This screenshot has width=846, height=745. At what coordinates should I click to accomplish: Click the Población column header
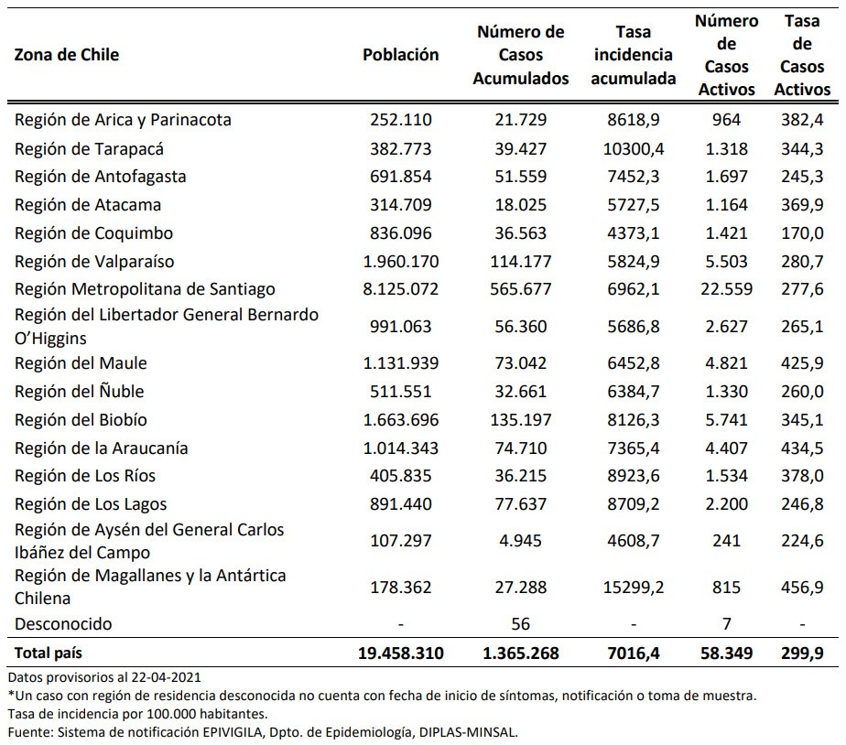pyautogui.click(x=400, y=55)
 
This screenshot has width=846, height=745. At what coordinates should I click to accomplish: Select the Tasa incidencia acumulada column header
pyautogui.click(x=633, y=55)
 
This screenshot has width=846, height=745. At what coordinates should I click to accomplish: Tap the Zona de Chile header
pyautogui.click(x=67, y=55)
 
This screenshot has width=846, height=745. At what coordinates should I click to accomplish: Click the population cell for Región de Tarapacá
pyautogui.click(x=400, y=148)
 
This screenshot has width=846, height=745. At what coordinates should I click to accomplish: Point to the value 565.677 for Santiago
pyautogui.click(x=520, y=289)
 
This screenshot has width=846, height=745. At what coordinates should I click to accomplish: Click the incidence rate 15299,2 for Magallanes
pyautogui.click(x=633, y=587)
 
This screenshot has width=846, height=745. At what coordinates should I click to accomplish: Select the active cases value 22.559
pyautogui.click(x=724, y=289)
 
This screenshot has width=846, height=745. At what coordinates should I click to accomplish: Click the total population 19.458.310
pyautogui.click(x=400, y=653)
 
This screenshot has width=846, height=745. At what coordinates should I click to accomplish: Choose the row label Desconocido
pyautogui.click(x=63, y=624)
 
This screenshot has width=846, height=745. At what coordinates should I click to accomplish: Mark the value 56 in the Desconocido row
pyautogui.click(x=520, y=624)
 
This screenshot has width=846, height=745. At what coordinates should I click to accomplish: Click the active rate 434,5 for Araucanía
pyautogui.click(x=803, y=448)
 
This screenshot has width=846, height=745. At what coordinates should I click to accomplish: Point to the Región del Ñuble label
pyautogui.click(x=80, y=392)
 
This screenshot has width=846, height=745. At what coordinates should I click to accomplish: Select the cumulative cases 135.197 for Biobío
pyautogui.click(x=520, y=420)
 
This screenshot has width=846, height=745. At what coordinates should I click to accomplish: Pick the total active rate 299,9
pyautogui.click(x=803, y=653)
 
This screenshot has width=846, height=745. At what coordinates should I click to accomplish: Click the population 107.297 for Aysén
pyautogui.click(x=400, y=541)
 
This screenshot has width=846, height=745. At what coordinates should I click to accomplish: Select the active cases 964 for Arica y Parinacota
pyautogui.click(x=725, y=120)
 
